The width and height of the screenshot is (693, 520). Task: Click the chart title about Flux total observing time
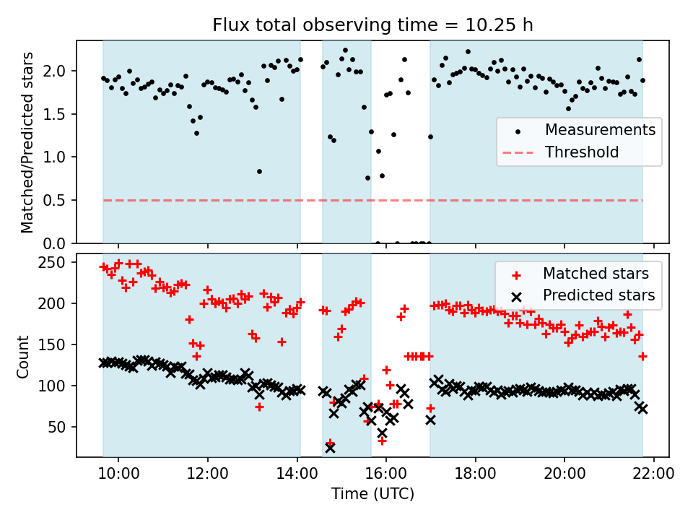click(372, 25)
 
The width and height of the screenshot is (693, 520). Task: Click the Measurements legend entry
click(579, 130)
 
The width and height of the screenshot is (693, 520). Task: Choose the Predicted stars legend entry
click(583, 295)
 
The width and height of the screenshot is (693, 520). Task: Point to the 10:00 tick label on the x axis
click(118, 474)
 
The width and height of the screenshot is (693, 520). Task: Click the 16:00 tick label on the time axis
click(385, 474)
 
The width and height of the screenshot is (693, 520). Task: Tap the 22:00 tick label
click(654, 474)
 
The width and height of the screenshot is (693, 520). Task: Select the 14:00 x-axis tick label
click(297, 474)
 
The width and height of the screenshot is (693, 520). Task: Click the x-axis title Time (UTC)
click(372, 494)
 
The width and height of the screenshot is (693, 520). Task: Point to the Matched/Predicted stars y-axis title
click(27, 142)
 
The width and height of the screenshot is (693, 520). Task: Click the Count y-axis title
click(22, 357)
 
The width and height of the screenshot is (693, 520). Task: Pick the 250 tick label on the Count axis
click(53, 263)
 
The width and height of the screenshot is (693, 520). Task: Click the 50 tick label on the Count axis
click(58, 427)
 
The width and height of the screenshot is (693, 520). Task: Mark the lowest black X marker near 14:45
click(330, 448)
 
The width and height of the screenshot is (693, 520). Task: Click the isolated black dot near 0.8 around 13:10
click(259, 172)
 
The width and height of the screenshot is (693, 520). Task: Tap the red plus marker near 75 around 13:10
click(259, 407)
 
